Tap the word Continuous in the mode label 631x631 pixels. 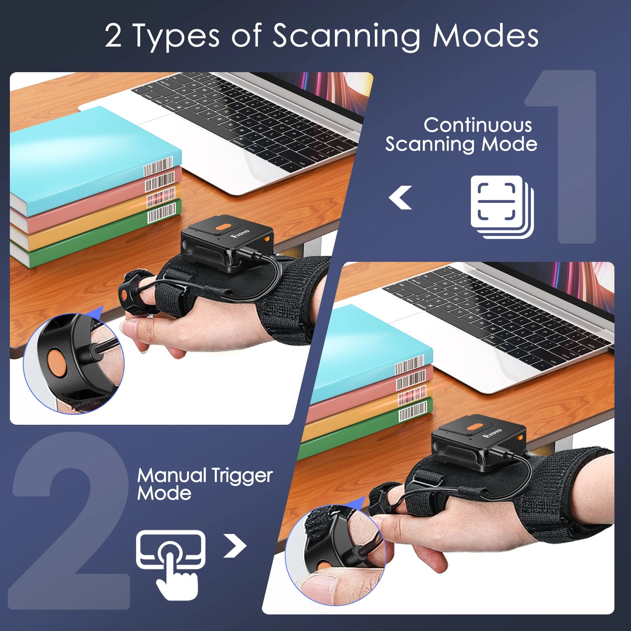(x=478, y=125)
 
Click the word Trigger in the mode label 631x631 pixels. (x=242, y=476)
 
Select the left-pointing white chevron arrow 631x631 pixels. (x=401, y=197)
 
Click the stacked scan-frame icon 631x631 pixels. (x=502, y=207)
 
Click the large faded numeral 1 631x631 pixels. (x=568, y=158)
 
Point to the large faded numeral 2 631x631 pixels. (x=71, y=525)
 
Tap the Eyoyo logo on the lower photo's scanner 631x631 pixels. (x=492, y=433)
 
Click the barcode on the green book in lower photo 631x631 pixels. (x=413, y=412)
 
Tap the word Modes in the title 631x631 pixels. (x=485, y=36)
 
